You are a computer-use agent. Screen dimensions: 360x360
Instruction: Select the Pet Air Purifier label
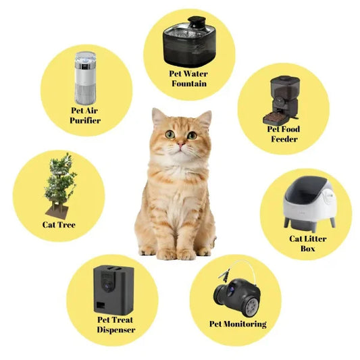point(85,115)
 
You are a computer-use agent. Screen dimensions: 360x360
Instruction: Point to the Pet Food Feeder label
point(283,134)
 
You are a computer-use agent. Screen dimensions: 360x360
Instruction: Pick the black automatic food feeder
point(284,99)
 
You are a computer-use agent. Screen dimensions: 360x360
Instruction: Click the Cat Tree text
point(59,225)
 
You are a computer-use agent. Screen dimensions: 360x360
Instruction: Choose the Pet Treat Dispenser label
point(115,325)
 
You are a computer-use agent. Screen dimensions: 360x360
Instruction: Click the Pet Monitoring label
point(238,324)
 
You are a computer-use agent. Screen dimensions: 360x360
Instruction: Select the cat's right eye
point(192,134)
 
